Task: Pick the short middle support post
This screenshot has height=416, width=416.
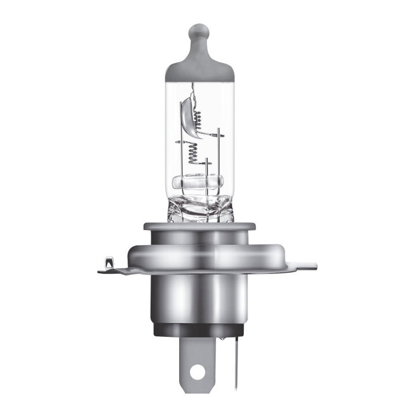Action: [206, 173]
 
